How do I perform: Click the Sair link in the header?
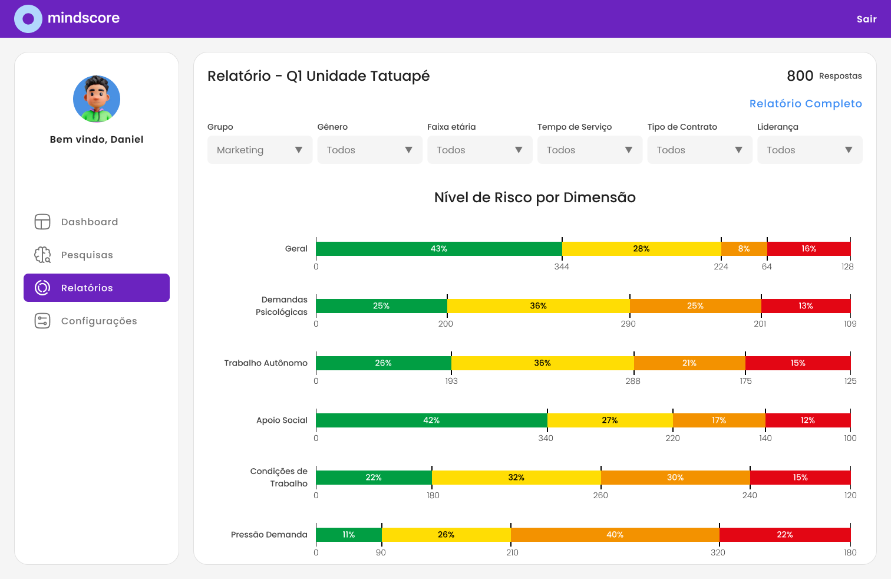866,19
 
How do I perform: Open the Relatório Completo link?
805,104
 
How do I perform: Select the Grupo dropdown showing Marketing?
259,150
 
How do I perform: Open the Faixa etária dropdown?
479,150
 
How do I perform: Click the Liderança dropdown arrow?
848,150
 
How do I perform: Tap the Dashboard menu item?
89,222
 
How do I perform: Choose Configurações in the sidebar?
98,321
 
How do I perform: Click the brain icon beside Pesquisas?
42,255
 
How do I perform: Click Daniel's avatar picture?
97,99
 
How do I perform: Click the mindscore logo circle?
28,19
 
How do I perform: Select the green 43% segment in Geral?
438,249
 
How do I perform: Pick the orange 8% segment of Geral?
744,249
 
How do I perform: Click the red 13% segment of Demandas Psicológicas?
805,306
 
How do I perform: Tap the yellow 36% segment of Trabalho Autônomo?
542,363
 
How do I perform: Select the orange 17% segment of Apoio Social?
718,420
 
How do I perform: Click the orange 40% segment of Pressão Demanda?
615,535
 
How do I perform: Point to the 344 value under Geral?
562,267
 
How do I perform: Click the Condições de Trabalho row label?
279,477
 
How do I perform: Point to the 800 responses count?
800,75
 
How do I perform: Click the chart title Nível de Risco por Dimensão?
534,198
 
